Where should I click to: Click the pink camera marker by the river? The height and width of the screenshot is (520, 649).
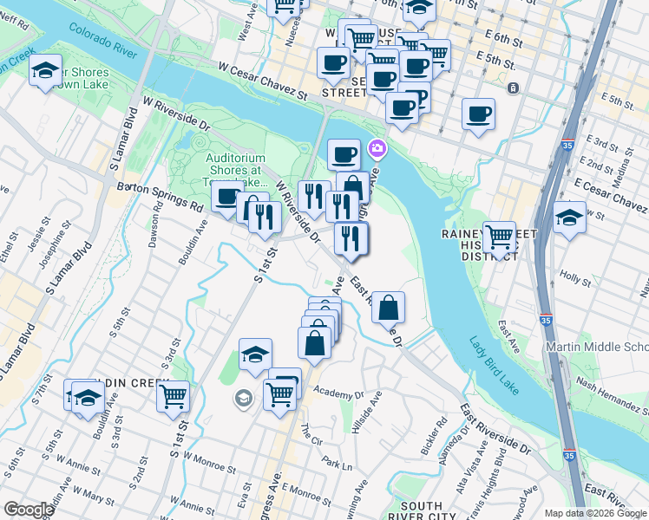click(377, 149)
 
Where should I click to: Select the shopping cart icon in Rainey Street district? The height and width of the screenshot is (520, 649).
click(500, 236)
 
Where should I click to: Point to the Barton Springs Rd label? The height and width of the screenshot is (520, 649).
click(160, 197)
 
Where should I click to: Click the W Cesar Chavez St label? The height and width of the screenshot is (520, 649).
click(262, 79)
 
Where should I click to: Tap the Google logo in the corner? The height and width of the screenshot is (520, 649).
click(28, 510)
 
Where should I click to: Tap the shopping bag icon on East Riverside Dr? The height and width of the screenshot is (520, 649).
click(389, 307)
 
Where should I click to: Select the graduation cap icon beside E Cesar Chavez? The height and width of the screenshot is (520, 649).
click(569, 216)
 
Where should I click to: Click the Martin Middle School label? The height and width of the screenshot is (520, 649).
click(596, 348)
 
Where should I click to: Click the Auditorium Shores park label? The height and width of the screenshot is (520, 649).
click(236, 170)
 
